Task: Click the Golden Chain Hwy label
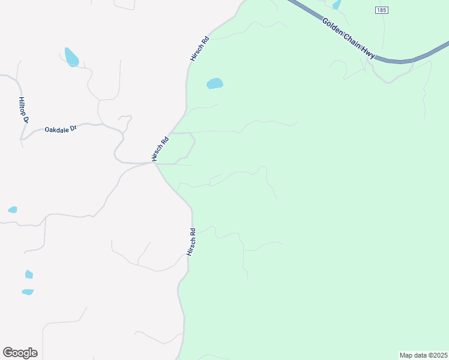[349, 38]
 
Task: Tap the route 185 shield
[382, 10]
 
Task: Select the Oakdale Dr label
[61, 129]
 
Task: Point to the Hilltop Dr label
[23, 110]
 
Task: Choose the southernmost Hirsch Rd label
[191, 242]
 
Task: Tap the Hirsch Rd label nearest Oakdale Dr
[160, 149]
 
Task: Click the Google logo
[20, 353]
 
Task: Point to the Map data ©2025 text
[423, 355]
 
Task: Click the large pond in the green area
[214, 83]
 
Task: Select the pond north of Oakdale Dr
[71, 57]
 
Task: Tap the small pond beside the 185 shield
[337, 5]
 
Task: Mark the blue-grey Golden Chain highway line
[408, 59]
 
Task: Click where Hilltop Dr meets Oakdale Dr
[22, 140]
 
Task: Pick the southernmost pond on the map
[28, 292]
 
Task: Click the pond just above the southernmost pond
[29, 274]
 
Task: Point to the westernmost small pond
[13, 209]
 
